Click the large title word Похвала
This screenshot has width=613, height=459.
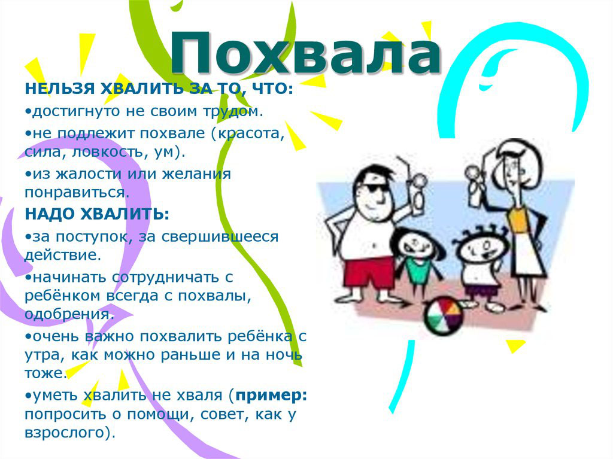[x=306, y=53]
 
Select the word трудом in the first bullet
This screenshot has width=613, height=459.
[x=233, y=111]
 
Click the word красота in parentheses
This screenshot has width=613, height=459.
[x=251, y=133]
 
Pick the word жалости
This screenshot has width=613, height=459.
[x=89, y=174]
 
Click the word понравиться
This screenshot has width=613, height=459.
[x=77, y=193]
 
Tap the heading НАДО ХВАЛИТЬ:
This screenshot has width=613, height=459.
[x=97, y=214]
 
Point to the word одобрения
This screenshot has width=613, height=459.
[x=69, y=314]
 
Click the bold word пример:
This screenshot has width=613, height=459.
[x=271, y=396]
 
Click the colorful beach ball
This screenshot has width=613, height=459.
[x=444, y=316]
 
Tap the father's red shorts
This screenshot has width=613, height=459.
[x=368, y=273]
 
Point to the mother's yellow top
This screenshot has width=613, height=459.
[x=518, y=221]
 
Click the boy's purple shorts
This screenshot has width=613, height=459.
[x=481, y=291]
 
